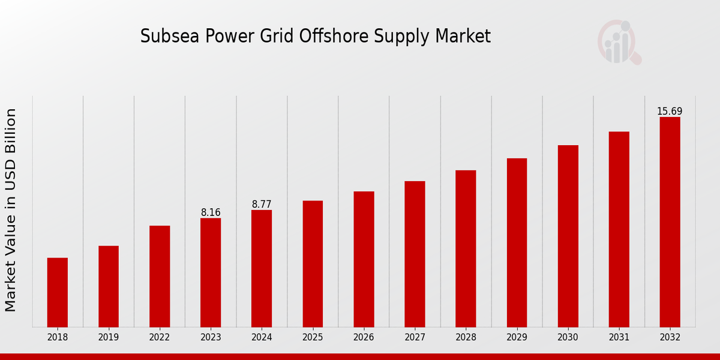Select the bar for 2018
[x=58, y=292]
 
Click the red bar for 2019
[x=109, y=286]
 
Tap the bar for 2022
[x=160, y=276]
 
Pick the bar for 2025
[x=313, y=263]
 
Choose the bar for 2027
[x=415, y=254]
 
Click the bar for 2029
[x=517, y=242]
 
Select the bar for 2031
[x=619, y=229]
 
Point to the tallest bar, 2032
[x=670, y=222]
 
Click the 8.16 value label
[x=211, y=212]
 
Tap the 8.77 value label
[x=262, y=205]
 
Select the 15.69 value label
[x=670, y=112]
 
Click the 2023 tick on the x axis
[x=211, y=338]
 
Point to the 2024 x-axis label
[x=262, y=338]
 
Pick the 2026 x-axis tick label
[x=364, y=338]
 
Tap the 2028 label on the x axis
[x=466, y=338]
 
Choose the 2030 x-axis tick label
[x=568, y=338]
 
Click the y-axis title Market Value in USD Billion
[x=11, y=210]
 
